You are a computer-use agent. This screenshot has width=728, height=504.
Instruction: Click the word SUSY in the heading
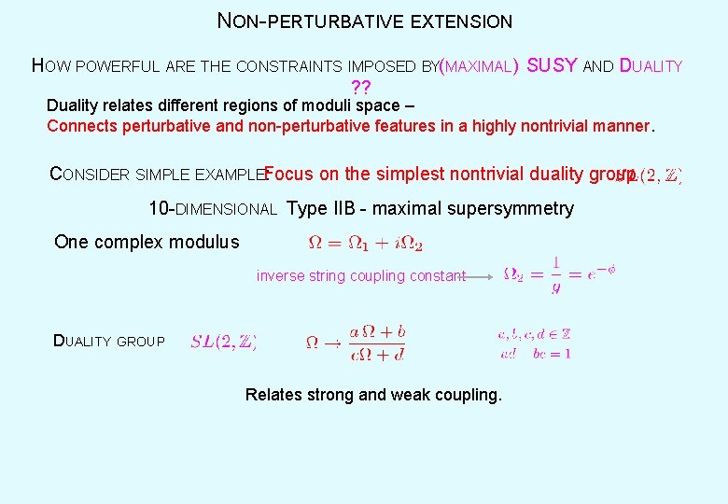(x=552, y=65)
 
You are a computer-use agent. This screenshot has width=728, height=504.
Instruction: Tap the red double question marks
(x=361, y=88)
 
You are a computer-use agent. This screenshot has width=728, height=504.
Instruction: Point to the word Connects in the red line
(x=78, y=126)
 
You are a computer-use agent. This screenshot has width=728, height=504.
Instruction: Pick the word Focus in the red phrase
(x=288, y=174)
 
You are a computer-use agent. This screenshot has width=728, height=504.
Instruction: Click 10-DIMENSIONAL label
(x=212, y=209)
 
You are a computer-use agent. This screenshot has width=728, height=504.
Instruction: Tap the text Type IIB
(x=318, y=208)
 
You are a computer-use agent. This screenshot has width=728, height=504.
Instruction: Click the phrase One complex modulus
(x=147, y=243)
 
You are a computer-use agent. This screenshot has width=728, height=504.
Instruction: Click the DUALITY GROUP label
(x=109, y=342)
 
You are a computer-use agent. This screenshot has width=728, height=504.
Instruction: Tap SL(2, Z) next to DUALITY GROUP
(x=224, y=342)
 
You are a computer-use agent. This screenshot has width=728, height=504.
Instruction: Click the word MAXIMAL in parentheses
(x=479, y=66)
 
